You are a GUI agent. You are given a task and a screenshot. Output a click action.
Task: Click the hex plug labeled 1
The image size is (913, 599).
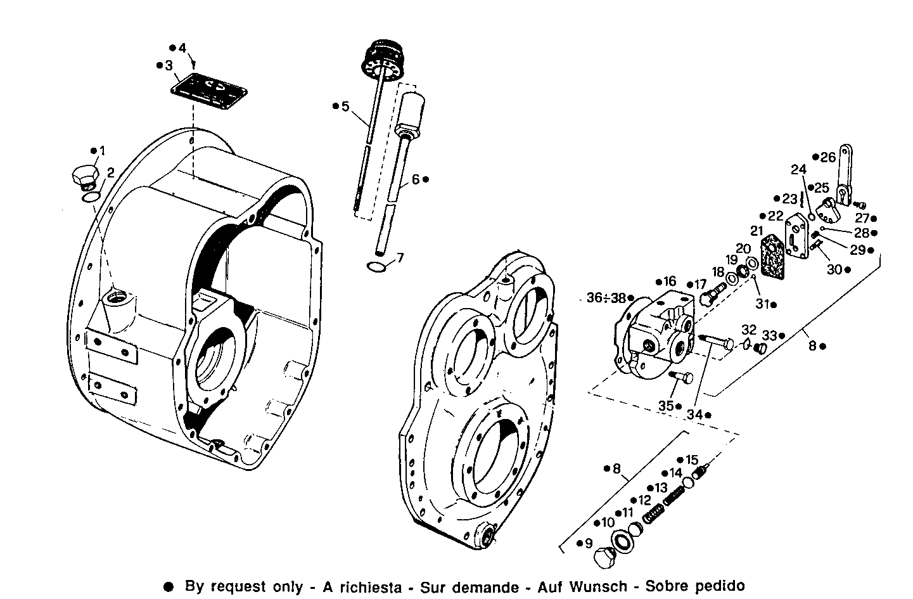[x=83, y=176]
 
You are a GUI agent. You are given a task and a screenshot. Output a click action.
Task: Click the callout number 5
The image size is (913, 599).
[x=345, y=106]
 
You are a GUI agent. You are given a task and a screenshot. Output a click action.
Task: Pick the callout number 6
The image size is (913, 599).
[x=416, y=179]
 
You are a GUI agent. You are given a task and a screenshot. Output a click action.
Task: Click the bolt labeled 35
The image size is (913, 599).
[x=681, y=378]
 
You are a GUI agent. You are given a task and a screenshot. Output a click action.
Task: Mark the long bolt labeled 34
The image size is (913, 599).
[x=716, y=342]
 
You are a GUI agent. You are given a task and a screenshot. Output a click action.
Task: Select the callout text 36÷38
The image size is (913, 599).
[x=605, y=297]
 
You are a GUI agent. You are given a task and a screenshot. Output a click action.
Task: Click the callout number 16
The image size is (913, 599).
[x=670, y=281]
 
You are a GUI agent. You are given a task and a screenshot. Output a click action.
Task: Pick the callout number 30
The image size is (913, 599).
[x=834, y=269]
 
